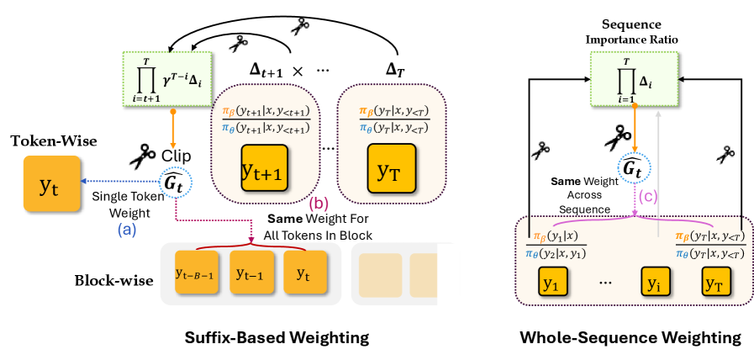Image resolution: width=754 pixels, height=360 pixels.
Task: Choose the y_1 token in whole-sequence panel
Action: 551,284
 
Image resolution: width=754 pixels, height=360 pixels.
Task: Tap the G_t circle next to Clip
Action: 176,180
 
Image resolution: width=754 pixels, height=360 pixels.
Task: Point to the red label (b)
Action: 319,204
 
